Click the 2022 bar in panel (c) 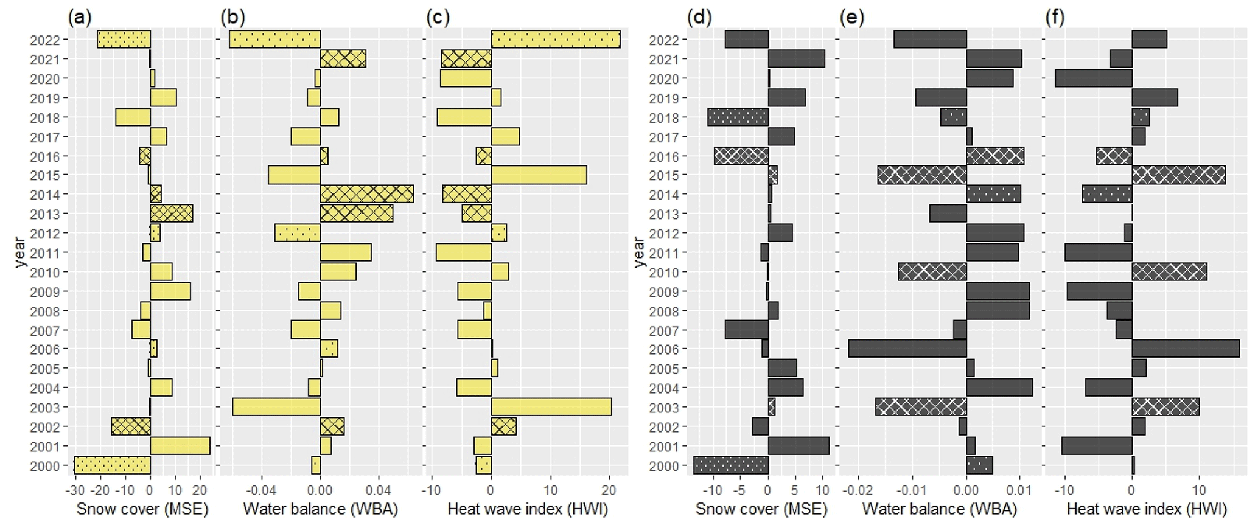coord(555,40)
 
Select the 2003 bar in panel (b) coord(276,407)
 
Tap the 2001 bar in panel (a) coord(180,446)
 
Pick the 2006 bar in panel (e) coord(907,349)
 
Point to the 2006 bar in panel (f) coord(1185,349)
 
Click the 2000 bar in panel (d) coord(730,465)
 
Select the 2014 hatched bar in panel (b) coord(366,195)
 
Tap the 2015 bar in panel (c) coord(539,175)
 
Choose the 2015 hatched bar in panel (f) coord(1178,175)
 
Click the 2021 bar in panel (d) coord(796,59)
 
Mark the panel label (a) coord(80,17)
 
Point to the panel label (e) coord(851,17)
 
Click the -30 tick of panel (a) coord(75,490)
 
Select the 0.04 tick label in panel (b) coord(378,490)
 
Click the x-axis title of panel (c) coord(528,509)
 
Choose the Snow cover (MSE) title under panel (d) coord(761,509)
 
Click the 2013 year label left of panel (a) coord(44,214)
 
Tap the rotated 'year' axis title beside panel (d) coord(638,252)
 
